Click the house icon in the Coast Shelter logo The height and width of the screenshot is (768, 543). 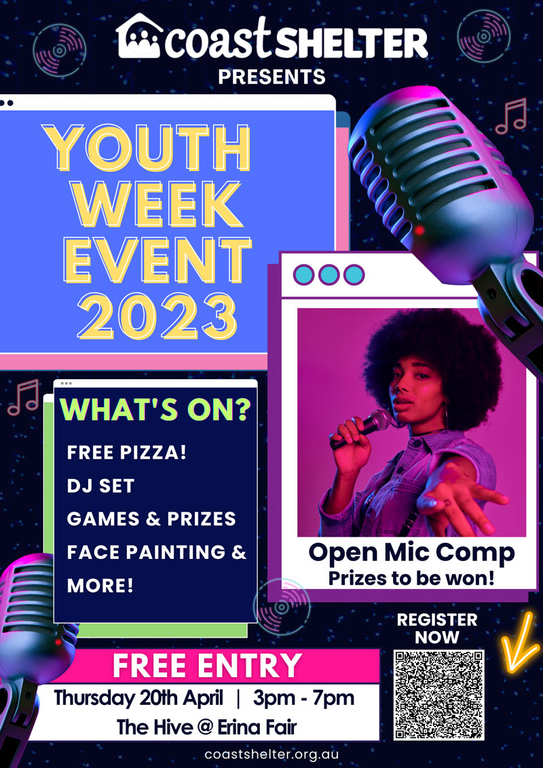coord(140,36)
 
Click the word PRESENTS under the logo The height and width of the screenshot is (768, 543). coord(271,77)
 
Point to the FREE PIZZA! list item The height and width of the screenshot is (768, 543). coord(127,452)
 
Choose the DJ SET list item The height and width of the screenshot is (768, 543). coord(100,486)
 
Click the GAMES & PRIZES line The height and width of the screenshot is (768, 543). coord(151,519)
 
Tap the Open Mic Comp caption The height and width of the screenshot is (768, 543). coord(411,552)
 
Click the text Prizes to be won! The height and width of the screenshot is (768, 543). coord(411,578)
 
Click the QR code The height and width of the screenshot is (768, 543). coord(438,695)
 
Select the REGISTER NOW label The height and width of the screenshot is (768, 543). coord(436,628)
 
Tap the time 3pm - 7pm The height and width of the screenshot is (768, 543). coord(303,698)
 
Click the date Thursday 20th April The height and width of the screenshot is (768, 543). coord(138,698)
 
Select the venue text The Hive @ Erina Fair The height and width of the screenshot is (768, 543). coord(207,727)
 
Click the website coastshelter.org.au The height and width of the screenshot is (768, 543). coord(271,754)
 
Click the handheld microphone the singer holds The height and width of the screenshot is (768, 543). coord(361,429)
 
